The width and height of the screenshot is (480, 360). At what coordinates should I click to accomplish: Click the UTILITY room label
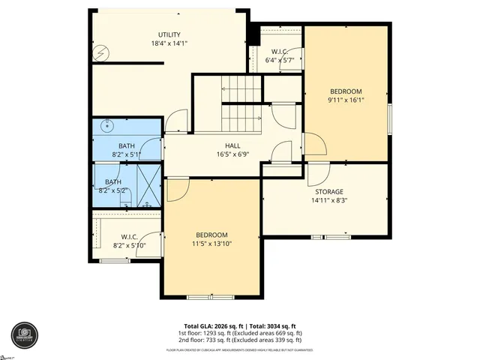click(169, 34)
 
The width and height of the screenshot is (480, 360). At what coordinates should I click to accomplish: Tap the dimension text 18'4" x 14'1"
click(169, 43)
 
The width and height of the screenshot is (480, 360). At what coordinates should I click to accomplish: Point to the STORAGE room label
click(328, 191)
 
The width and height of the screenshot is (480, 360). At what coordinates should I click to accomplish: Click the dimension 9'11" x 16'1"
click(346, 100)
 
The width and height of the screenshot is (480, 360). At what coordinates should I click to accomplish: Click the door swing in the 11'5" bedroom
click(177, 189)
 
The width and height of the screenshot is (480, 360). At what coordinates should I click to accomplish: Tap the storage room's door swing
click(318, 174)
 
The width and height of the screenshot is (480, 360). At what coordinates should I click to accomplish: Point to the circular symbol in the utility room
click(102, 53)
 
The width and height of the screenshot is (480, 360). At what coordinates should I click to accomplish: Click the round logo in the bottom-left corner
click(23, 335)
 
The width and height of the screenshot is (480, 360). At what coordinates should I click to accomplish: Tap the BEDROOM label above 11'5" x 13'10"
click(211, 235)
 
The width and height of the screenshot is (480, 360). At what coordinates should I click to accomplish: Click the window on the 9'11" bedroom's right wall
click(389, 118)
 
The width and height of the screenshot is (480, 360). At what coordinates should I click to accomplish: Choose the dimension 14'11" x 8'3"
click(328, 200)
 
